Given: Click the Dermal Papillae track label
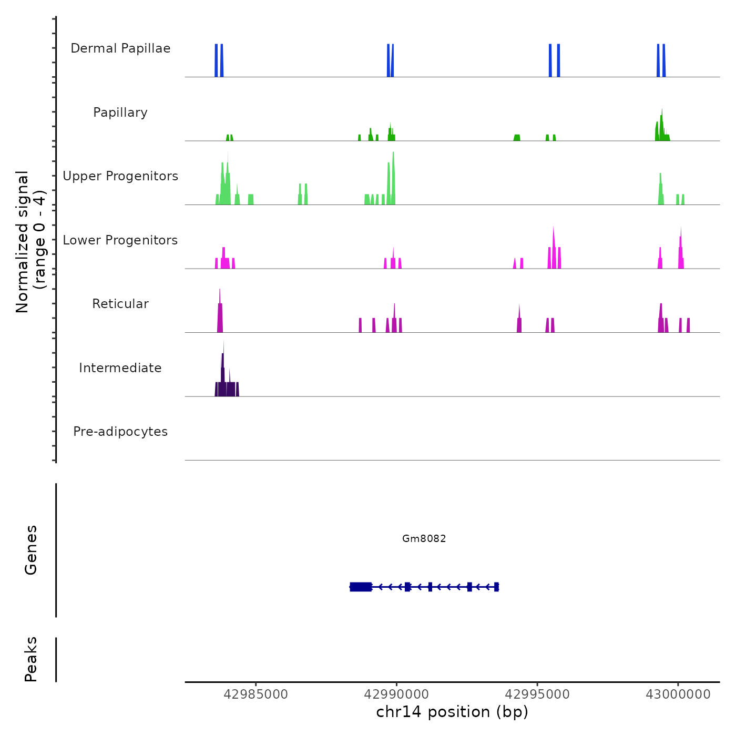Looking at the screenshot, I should tap(120, 48).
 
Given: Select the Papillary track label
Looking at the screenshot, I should tap(120, 113).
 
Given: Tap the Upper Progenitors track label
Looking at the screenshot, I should tap(120, 176).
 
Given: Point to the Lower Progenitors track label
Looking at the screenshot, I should tap(120, 240).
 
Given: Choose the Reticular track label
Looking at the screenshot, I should tap(120, 304).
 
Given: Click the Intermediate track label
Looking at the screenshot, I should tap(120, 368).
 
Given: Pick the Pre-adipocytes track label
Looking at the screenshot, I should tap(120, 432).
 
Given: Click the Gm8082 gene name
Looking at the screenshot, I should tap(424, 538).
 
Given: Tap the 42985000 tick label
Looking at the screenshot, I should tap(256, 694).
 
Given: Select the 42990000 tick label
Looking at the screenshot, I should tap(396, 694).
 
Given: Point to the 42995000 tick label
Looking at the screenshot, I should tap(537, 694).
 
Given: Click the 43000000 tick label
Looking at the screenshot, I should tap(678, 694).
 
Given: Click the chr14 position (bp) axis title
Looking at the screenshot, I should tap(452, 712).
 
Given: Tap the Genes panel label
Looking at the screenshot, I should tap(31, 550).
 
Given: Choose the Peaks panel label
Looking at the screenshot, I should tap(31, 659).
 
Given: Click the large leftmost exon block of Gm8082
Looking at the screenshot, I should tap(361, 587).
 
